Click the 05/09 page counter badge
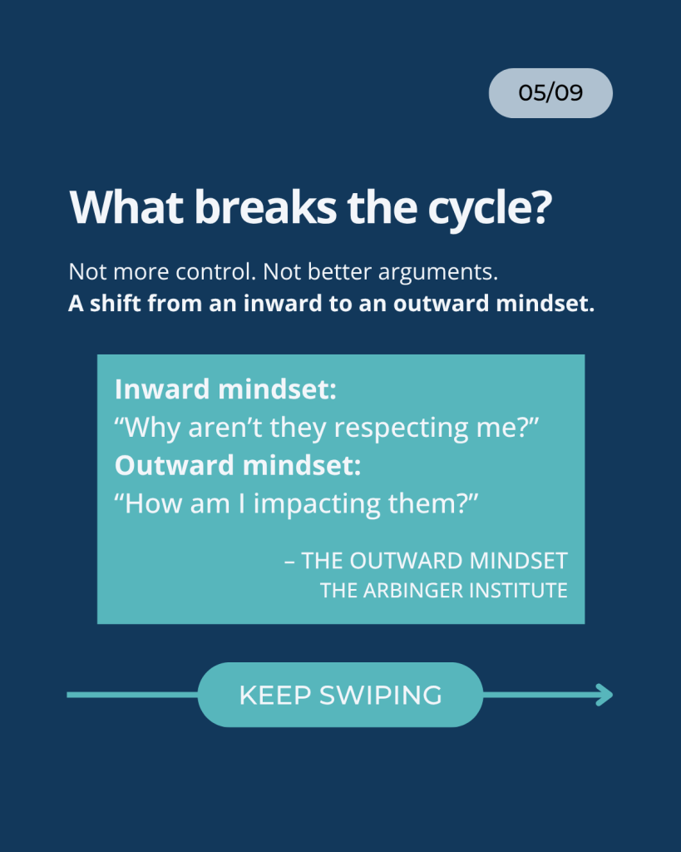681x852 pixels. (550, 93)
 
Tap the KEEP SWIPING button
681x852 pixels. (341, 695)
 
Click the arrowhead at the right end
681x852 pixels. (605, 695)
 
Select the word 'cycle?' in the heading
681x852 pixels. (490, 208)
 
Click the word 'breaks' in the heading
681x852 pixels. (265, 206)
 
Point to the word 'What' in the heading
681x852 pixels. (126, 206)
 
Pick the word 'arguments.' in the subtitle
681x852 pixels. (437, 273)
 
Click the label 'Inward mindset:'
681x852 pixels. (225, 389)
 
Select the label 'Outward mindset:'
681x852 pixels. (237, 465)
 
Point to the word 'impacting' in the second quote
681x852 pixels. (317, 504)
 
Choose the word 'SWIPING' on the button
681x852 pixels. (381, 695)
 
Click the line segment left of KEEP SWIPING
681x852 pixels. (132, 695)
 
